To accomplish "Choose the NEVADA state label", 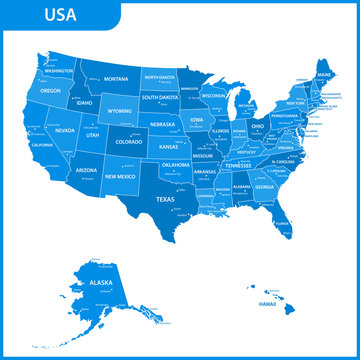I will [64, 130].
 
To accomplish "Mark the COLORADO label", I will [128, 142].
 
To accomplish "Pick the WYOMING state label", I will [120, 111].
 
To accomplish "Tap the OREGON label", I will [50, 90].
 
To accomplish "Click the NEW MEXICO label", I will [120, 176].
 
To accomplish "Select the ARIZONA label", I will [86, 171].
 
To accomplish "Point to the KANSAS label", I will [169, 147].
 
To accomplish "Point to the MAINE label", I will [325, 75].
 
